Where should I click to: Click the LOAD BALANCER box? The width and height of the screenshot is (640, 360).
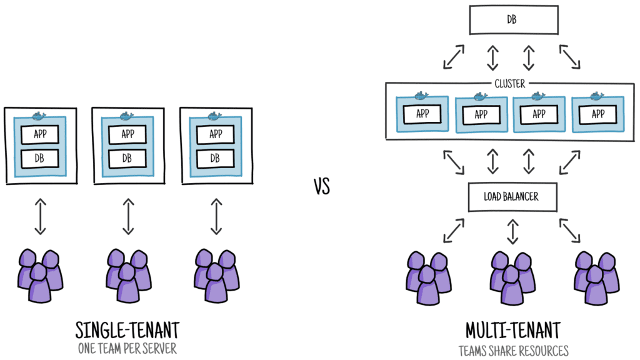coord(511,196)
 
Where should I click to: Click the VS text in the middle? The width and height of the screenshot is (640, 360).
coord(321,186)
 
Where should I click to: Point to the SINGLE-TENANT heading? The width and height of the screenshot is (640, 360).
coord(127,330)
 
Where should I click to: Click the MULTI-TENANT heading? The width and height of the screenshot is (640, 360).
coord(513,330)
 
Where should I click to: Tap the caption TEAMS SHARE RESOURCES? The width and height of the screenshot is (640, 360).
coord(513,350)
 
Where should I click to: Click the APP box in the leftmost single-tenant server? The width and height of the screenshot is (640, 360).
coord(40,134)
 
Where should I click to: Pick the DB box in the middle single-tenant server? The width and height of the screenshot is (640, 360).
coord(127,158)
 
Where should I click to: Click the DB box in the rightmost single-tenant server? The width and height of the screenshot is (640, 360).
coord(216,158)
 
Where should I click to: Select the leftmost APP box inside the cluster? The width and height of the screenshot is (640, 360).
coord(422,114)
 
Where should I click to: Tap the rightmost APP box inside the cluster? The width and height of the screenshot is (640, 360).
coord(597,114)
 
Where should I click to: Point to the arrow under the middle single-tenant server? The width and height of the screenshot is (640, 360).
coord(128,216)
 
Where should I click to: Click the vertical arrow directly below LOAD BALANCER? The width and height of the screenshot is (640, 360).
coord(512,231)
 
